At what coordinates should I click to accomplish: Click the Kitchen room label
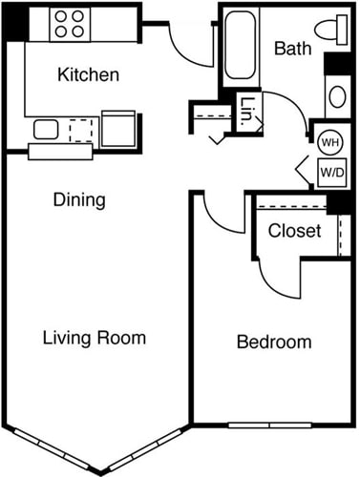tap(88, 74)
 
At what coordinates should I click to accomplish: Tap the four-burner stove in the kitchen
tap(69, 24)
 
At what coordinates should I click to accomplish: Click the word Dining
tap(78, 201)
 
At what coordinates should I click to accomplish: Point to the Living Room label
tap(95, 338)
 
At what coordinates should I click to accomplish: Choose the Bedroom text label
tap(275, 342)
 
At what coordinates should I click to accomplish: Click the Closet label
tap(294, 231)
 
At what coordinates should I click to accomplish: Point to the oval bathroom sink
tap(337, 96)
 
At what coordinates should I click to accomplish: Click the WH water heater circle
tap(329, 142)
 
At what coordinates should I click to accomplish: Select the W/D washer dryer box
tap(331, 173)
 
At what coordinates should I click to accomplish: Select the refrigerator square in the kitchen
tap(119, 129)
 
